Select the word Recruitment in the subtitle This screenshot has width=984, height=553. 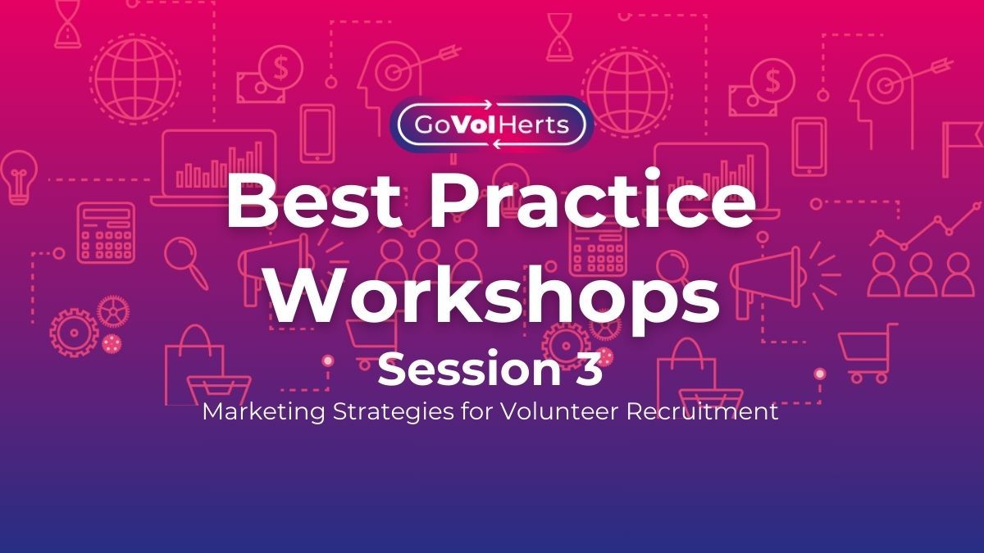pos(705,412)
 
